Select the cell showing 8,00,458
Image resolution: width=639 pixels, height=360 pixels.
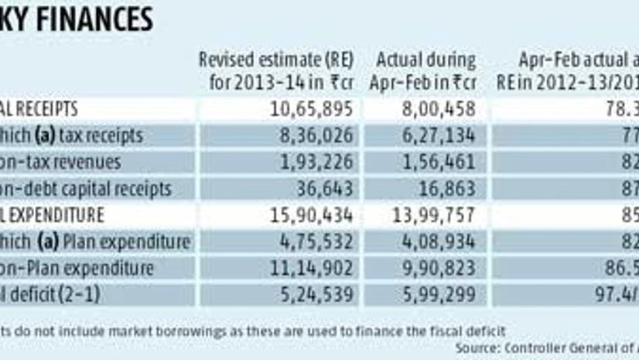point(438,109)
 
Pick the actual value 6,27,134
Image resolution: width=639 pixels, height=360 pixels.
point(438,135)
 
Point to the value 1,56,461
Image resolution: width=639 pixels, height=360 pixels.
point(438,162)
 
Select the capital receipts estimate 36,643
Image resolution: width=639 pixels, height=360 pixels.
point(325,188)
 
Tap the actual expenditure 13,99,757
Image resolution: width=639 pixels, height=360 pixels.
point(433,214)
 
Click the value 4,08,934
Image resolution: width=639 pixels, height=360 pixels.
point(438,242)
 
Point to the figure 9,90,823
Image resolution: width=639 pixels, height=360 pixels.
point(438,268)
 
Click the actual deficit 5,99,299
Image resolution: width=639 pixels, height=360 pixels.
point(438,294)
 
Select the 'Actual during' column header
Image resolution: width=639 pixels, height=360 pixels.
point(425,60)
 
